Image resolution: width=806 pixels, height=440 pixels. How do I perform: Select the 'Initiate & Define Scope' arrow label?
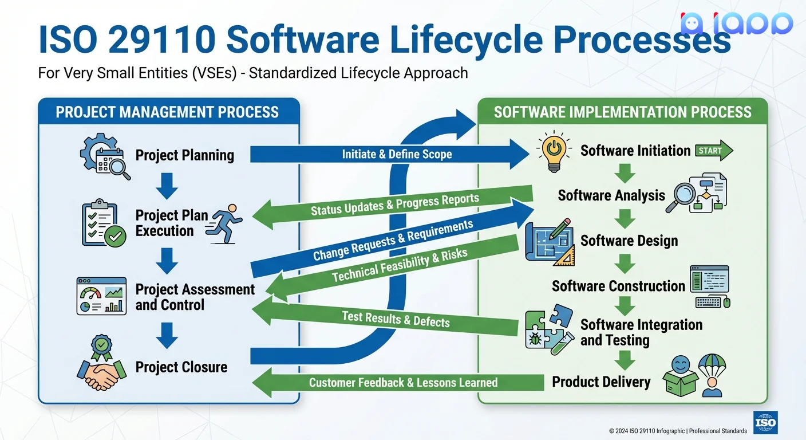point(397,154)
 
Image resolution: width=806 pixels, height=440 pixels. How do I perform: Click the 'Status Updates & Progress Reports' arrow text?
point(394,205)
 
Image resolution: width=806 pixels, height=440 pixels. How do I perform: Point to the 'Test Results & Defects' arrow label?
point(396,319)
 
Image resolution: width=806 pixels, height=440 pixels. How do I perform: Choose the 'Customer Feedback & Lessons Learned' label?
point(403,383)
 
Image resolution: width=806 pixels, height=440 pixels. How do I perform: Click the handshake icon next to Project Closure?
point(101,367)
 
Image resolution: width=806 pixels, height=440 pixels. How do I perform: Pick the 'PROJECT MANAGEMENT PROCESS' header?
point(167,112)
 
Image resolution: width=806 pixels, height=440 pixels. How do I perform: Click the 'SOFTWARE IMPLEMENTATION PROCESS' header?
point(622,112)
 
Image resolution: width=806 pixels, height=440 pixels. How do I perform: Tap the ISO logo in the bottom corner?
point(765,423)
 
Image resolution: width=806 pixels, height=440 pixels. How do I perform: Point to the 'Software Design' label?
point(629,241)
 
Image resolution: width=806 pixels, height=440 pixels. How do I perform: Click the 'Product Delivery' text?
point(601,382)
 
